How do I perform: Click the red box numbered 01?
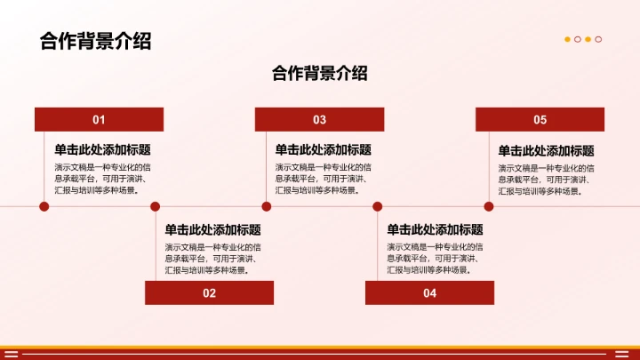pos(99,120)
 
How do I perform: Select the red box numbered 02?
pos(209,292)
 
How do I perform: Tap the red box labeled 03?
pos(319,120)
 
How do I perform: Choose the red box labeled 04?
pos(429,292)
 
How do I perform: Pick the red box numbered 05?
pos(540,120)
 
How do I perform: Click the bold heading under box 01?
pos(102,150)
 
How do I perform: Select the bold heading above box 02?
pos(212,229)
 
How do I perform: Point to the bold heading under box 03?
pos(323,150)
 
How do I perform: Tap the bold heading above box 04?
pos(435,229)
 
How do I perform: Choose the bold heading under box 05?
pos(546,151)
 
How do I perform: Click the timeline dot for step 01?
pos(44,206)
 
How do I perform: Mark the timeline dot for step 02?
pos(155,206)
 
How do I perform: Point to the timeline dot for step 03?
pos(265,206)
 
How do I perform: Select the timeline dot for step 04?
pos(376,206)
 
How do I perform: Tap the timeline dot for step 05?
pos(486,206)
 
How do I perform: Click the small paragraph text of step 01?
pos(100,178)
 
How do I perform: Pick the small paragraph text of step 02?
pos(212,258)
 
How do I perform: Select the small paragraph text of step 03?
pos(323,178)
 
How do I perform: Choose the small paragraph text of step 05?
pos(545,179)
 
